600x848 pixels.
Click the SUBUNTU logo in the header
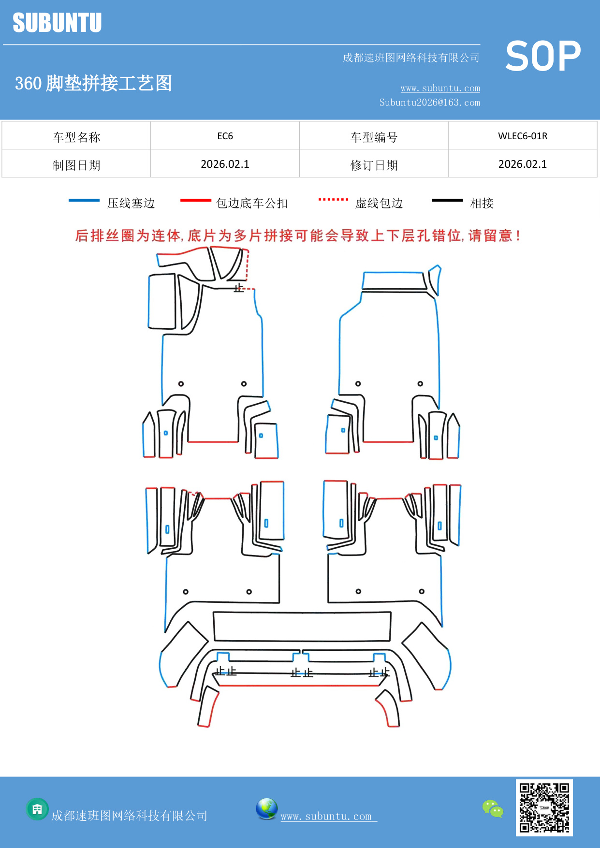pyautogui.click(x=57, y=23)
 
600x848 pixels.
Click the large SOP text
pyautogui.click(x=542, y=57)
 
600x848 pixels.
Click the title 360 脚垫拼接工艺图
pyautogui.click(x=93, y=83)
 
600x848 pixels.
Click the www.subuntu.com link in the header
pyautogui.click(x=440, y=88)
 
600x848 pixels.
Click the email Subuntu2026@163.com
pyautogui.click(x=429, y=102)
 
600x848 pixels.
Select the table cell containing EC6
pyautogui.click(x=225, y=136)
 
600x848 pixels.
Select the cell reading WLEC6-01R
pyautogui.click(x=523, y=136)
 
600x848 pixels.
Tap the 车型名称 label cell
pyautogui.click(x=76, y=137)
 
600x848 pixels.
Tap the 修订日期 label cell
pyautogui.click(x=374, y=165)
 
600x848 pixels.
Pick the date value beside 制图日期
pyautogui.click(x=225, y=164)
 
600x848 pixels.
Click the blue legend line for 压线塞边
pyautogui.click(x=84, y=200)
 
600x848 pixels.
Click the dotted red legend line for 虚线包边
pyautogui.click(x=333, y=199)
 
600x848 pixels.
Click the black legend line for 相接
pyautogui.click(x=447, y=200)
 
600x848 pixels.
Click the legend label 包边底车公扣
pyautogui.click(x=252, y=203)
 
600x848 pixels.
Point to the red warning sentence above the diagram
pyautogui.click(x=298, y=236)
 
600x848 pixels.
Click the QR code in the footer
pyautogui.click(x=544, y=807)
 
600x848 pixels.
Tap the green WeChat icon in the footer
pyautogui.click(x=493, y=808)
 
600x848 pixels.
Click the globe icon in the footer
pyautogui.click(x=266, y=809)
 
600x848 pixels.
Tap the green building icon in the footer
pyautogui.click(x=37, y=809)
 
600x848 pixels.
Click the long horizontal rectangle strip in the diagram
pyautogui.click(x=302, y=627)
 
